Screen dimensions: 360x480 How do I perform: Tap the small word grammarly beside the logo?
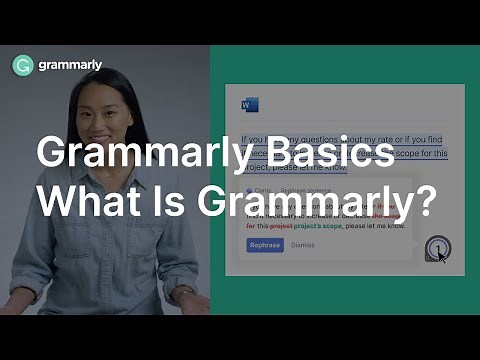coord(70,66)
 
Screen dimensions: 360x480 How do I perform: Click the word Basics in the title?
coord(337,156)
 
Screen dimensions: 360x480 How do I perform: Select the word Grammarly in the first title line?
coord(149,156)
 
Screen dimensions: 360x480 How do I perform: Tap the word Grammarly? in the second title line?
coord(315,202)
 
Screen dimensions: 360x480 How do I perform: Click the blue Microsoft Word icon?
coord(249,105)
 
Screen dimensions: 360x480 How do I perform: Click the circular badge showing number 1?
coord(435,246)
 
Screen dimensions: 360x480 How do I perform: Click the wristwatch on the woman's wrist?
coord(184,293)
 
